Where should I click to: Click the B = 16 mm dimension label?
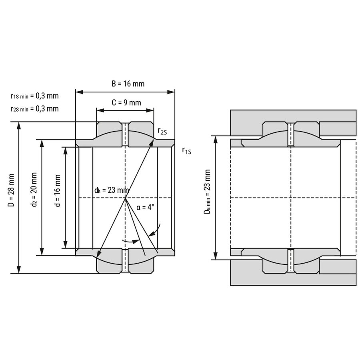click(x=128, y=84)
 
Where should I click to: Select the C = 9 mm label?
click(x=126, y=103)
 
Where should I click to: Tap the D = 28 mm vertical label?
click(x=11, y=190)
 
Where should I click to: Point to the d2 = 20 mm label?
click(x=34, y=190)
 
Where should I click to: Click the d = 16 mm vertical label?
click(x=57, y=190)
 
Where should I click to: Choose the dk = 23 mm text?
click(x=112, y=190)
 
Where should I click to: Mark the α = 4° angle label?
click(x=145, y=207)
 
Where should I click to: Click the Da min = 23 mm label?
click(x=207, y=192)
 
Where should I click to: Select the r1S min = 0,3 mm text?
click(x=35, y=96)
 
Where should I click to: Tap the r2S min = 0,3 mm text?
click(x=35, y=108)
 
